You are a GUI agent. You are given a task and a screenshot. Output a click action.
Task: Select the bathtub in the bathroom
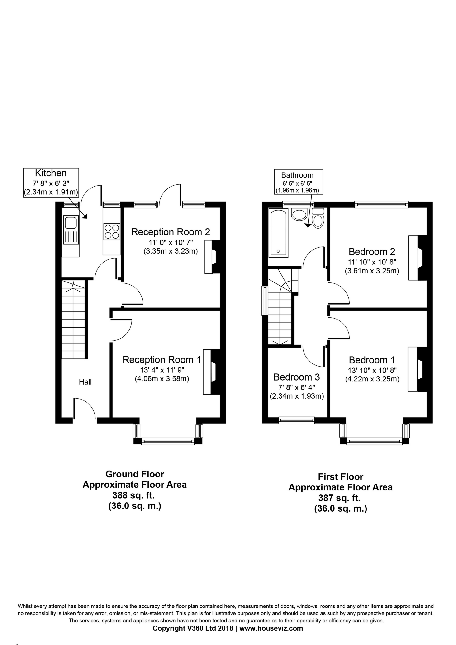click(x=279, y=233)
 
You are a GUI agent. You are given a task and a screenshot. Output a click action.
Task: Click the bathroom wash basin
click(x=299, y=214)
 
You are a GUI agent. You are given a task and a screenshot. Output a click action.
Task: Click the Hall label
click(x=85, y=382)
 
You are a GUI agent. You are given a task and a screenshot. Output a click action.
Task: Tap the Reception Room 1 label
click(x=162, y=360)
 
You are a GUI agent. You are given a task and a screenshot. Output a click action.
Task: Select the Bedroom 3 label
click(x=297, y=377)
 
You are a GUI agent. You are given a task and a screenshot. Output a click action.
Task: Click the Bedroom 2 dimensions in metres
click(x=372, y=271)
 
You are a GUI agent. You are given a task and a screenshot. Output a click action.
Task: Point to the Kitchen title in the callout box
click(x=51, y=173)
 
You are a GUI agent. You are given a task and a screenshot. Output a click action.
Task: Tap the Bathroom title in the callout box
click(x=297, y=175)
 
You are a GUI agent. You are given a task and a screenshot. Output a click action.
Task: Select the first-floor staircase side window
click(x=264, y=301)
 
